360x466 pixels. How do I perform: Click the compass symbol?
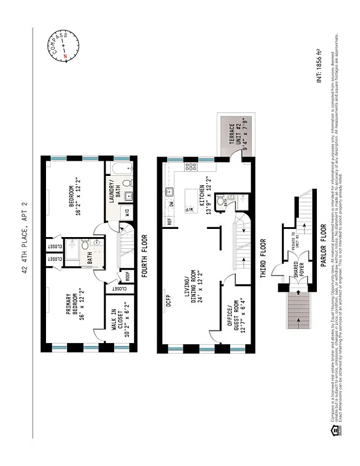pyautogui.click(x=62, y=46)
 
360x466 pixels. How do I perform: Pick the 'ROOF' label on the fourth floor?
pyautogui.click(x=125, y=276)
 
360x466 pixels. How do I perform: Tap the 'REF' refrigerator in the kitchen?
pyautogui.click(x=169, y=221)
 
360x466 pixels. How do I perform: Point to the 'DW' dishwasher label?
pyautogui.click(x=172, y=204)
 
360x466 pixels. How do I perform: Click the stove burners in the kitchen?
pyautogui.click(x=190, y=167)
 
